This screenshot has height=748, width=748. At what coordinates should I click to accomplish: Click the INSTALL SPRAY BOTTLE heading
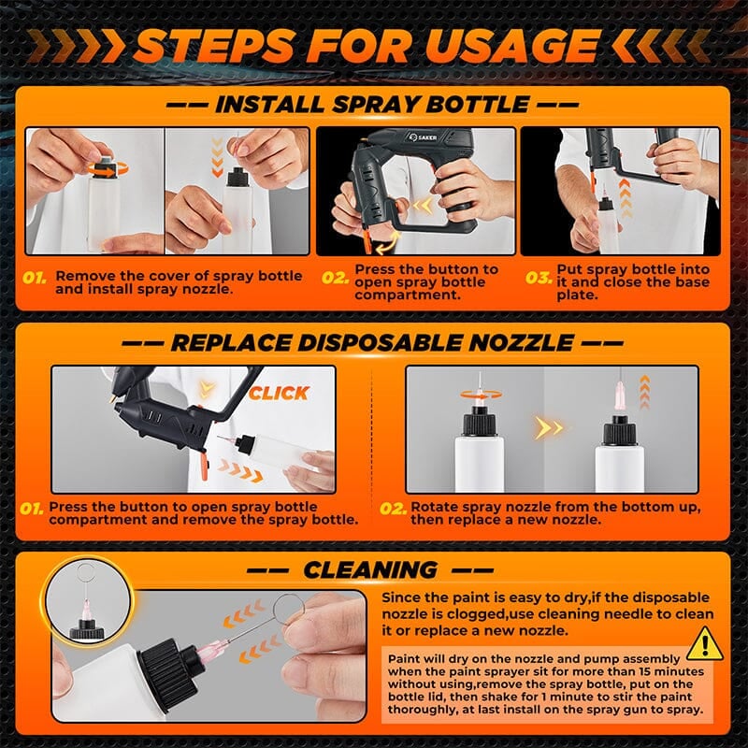(x=373, y=104)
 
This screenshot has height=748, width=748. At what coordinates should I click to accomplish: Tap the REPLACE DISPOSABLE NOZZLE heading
(x=373, y=343)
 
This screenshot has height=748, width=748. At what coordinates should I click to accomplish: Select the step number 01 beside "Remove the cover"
(x=35, y=278)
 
